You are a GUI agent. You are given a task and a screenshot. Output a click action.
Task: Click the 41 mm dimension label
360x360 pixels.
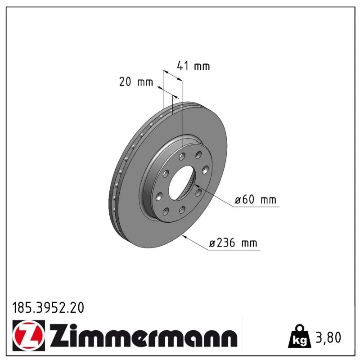click(x=193, y=66)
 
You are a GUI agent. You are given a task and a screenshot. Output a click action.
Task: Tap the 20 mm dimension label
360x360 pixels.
click(x=136, y=82)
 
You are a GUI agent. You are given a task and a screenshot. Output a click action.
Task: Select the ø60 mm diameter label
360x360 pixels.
click(x=255, y=199)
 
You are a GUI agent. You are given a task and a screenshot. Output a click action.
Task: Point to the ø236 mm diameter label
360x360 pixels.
click(x=233, y=243)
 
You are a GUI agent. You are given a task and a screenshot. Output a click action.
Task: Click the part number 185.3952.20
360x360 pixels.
click(x=48, y=308)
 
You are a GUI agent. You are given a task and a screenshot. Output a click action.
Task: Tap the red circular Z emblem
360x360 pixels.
click(x=29, y=335)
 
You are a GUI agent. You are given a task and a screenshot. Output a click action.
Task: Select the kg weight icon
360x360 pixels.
click(x=300, y=336)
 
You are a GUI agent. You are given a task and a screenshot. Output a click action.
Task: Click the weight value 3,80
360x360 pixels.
click(x=328, y=337)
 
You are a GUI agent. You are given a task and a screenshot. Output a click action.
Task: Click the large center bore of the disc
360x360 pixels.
click(x=181, y=183)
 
